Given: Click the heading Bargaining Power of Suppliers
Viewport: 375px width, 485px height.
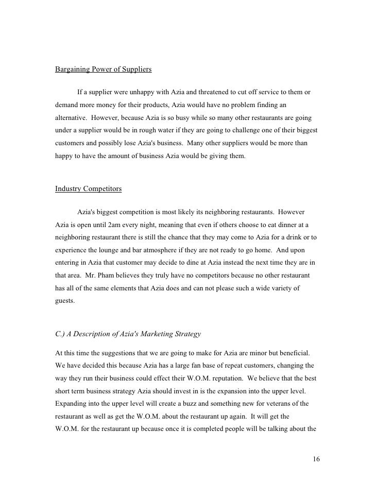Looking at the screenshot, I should click(x=103, y=70).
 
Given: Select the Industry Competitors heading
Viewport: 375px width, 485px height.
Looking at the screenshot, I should click(x=88, y=189).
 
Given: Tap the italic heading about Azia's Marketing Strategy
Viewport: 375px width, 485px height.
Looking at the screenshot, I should click(x=128, y=334).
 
